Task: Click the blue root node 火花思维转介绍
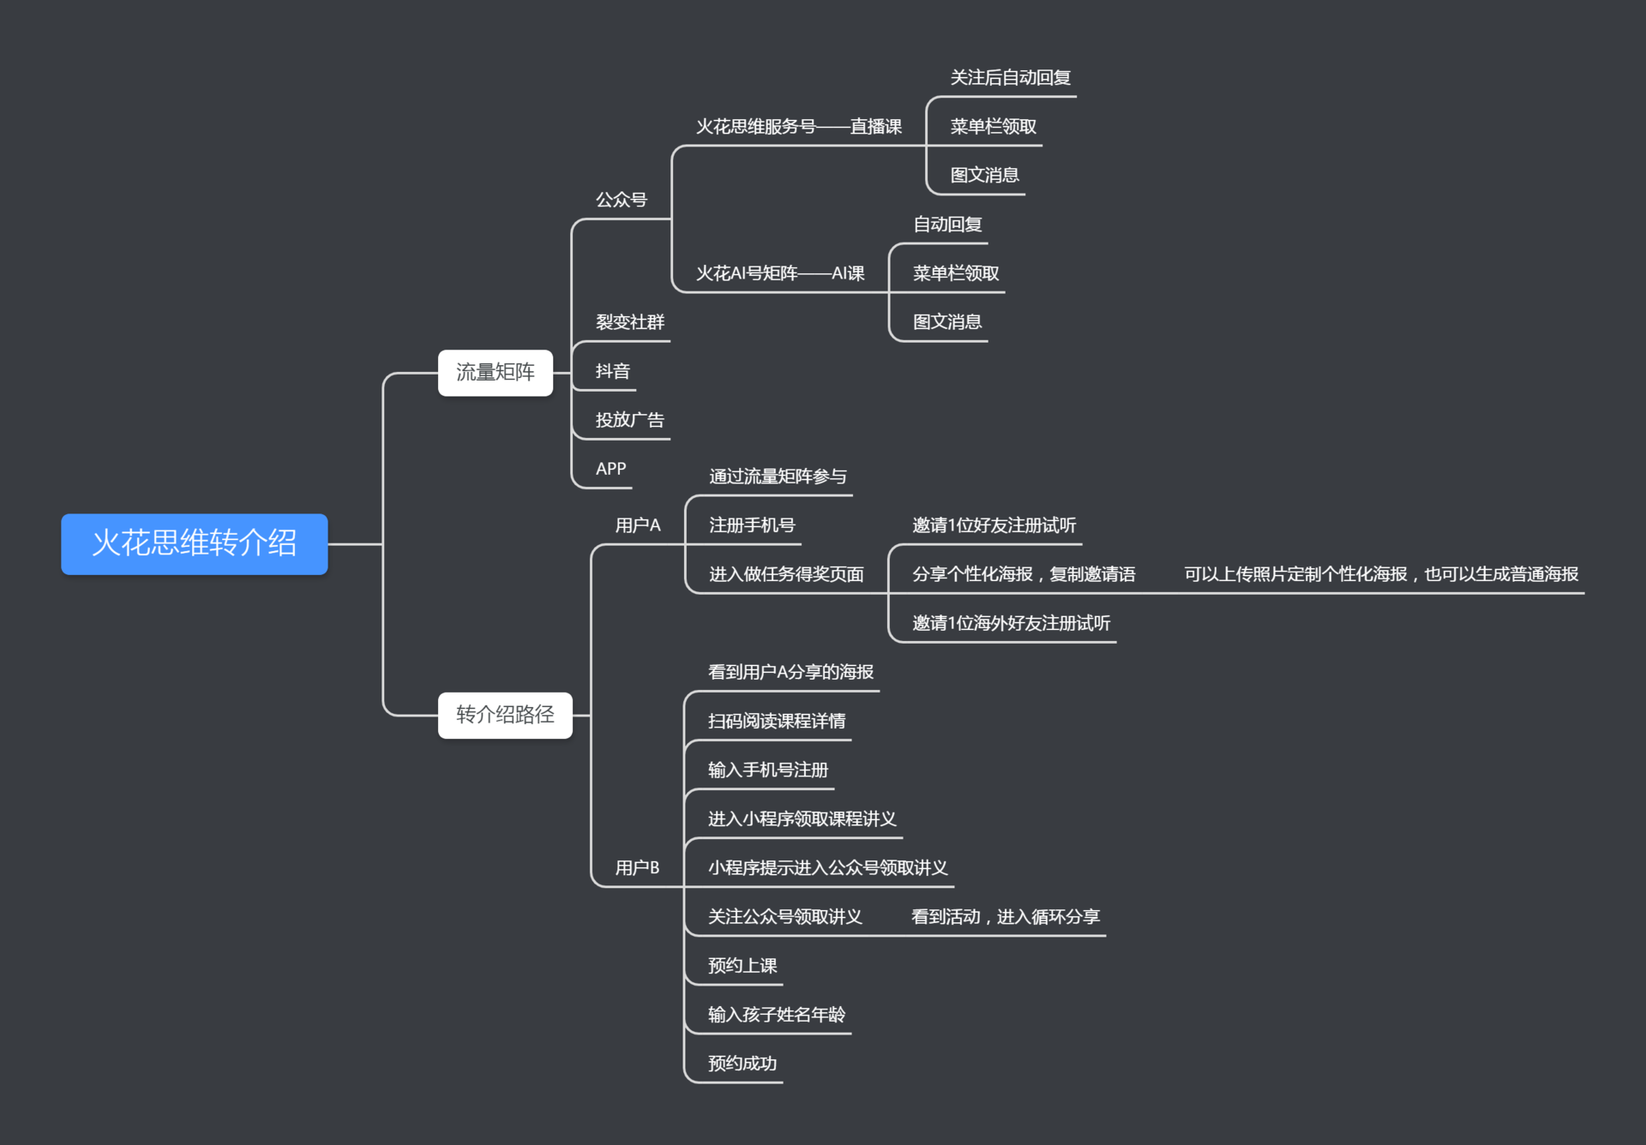click(195, 543)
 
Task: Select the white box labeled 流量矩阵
click(495, 372)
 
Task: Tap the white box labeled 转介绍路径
click(505, 715)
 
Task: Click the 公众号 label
click(622, 200)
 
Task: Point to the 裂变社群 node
click(630, 322)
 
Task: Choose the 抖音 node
click(613, 371)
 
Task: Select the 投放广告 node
click(630, 420)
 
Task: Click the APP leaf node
click(611, 469)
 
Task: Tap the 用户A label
click(638, 525)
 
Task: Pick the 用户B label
click(637, 868)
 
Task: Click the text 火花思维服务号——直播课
click(798, 127)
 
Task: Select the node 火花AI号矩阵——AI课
click(780, 273)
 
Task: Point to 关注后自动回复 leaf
click(1010, 78)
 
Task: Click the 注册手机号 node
click(752, 525)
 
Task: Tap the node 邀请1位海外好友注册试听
click(1011, 623)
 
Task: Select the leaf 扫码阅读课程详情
click(777, 722)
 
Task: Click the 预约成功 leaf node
click(742, 1064)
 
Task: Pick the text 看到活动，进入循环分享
click(1005, 917)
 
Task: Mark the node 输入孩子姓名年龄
click(777, 1015)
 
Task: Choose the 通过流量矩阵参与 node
click(778, 477)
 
